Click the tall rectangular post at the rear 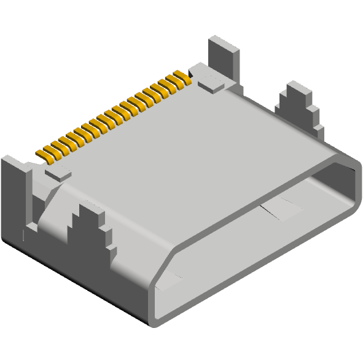[x=224, y=58]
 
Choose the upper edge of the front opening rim [x=258, y=197]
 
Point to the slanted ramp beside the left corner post [x=49, y=209]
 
